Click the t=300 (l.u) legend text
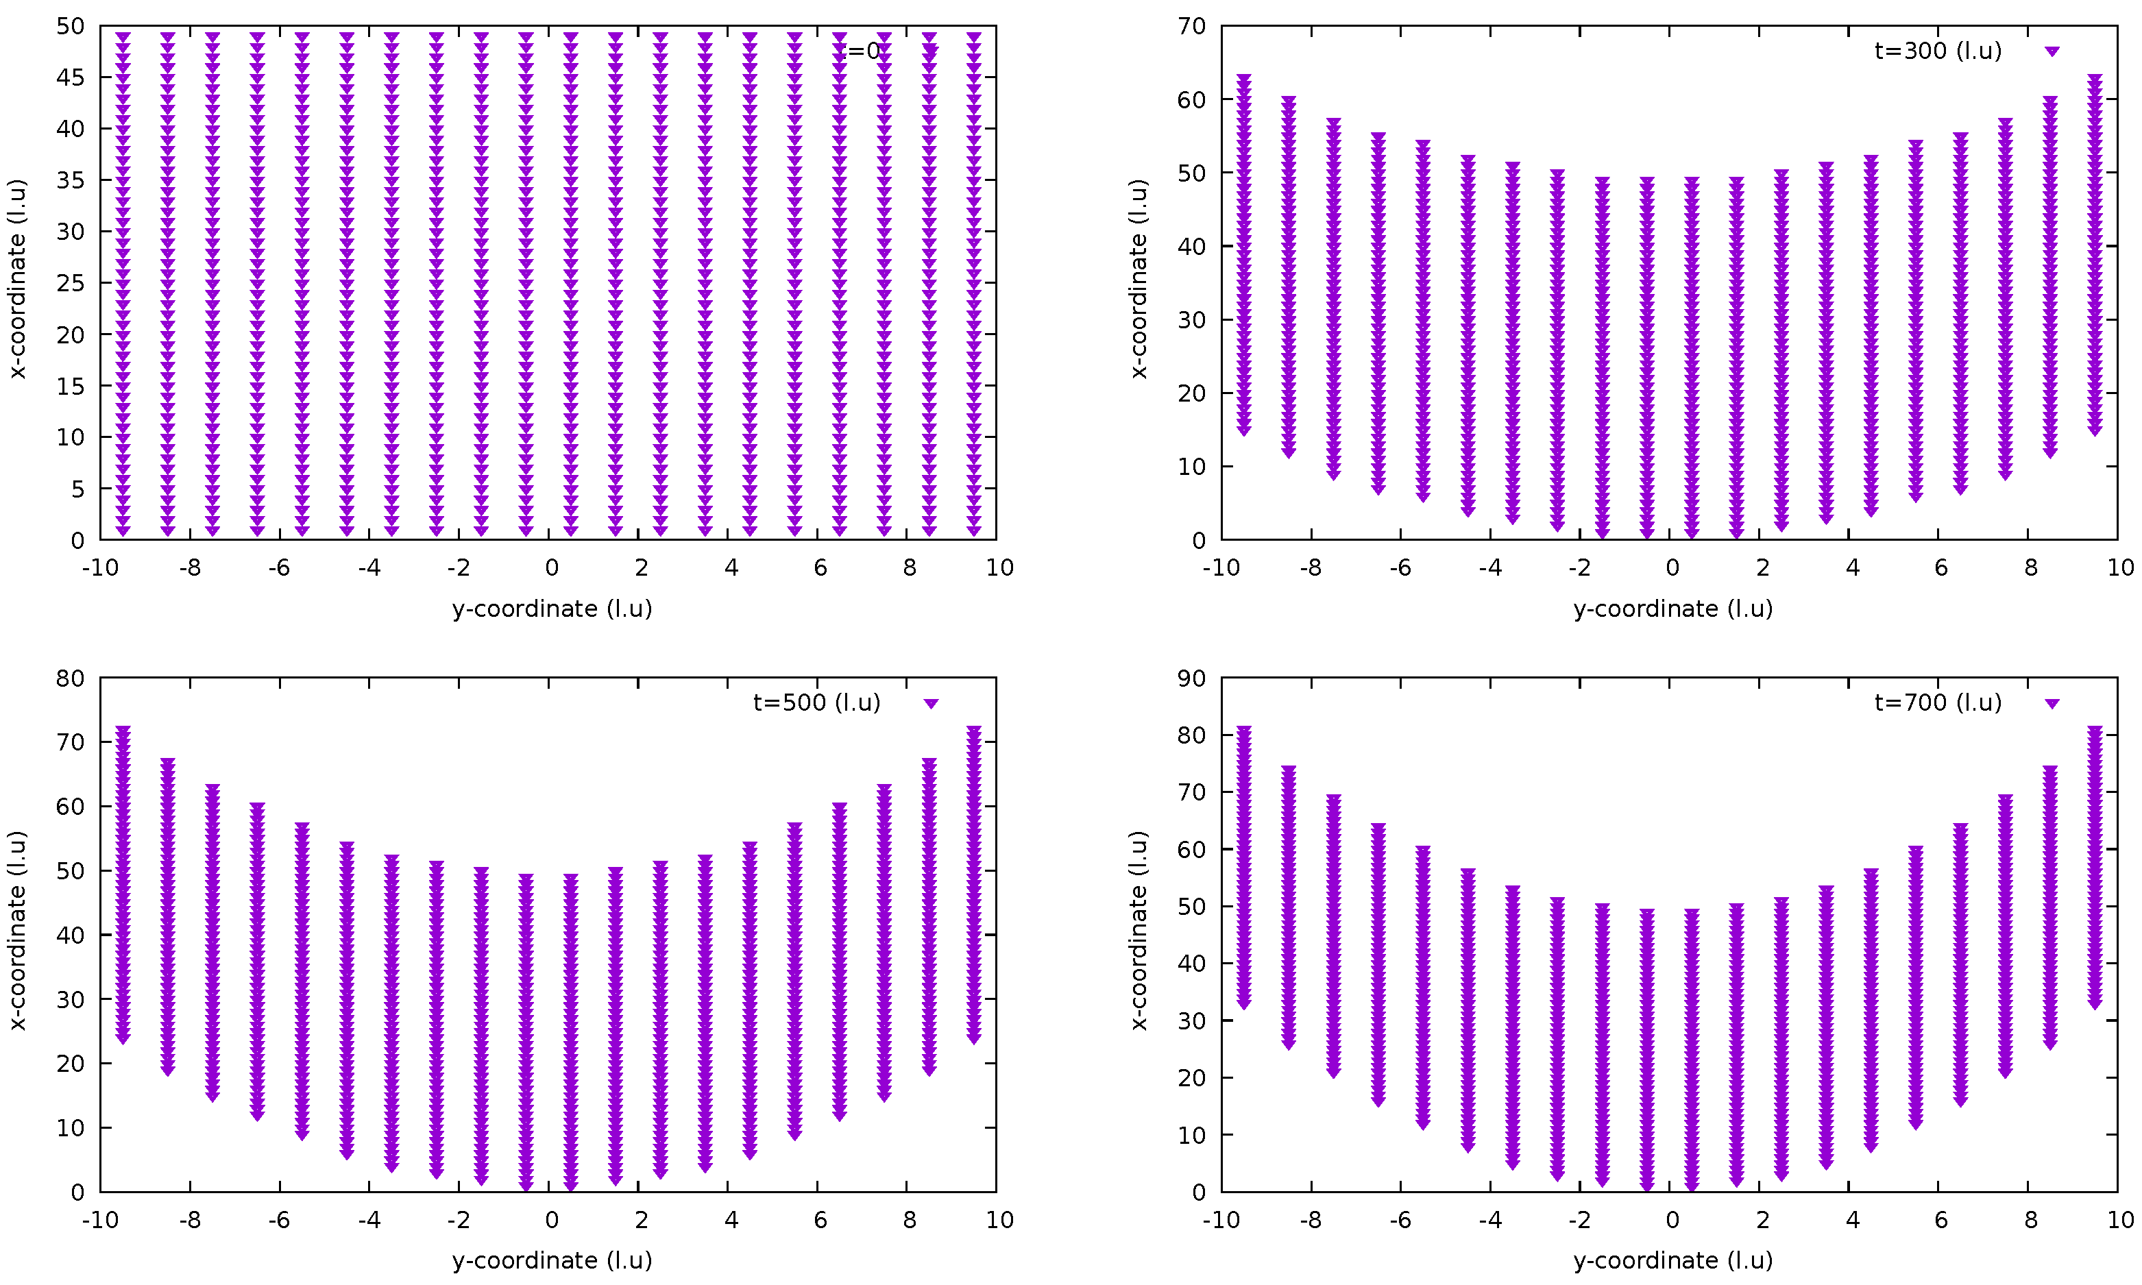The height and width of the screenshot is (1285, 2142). click(x=1938, y=51)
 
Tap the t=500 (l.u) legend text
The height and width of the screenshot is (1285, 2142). click(x=816, y=703)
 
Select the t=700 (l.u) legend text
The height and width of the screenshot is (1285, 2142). click(x=1938, y=703)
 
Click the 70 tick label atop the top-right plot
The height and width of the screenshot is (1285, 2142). click(x=1191, y=27)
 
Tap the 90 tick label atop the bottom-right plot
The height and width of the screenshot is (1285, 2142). click(x=1191, y=679)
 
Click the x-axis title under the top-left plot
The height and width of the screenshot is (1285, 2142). click(x=552, y=609)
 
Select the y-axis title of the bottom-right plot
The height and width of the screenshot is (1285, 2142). click(x=1139, y=931)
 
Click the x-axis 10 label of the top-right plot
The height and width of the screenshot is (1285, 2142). click(x=2119, y=568)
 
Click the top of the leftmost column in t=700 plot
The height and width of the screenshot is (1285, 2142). click(x=1244, y=730)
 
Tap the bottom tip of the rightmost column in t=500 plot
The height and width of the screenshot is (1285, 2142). click(x=974, y=1039)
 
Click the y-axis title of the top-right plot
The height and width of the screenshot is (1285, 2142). click(x=1139, y=279)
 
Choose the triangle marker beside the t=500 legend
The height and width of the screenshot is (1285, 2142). click(x=931, y=704)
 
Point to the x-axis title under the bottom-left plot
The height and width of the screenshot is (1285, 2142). click(x=552, y=1261)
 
